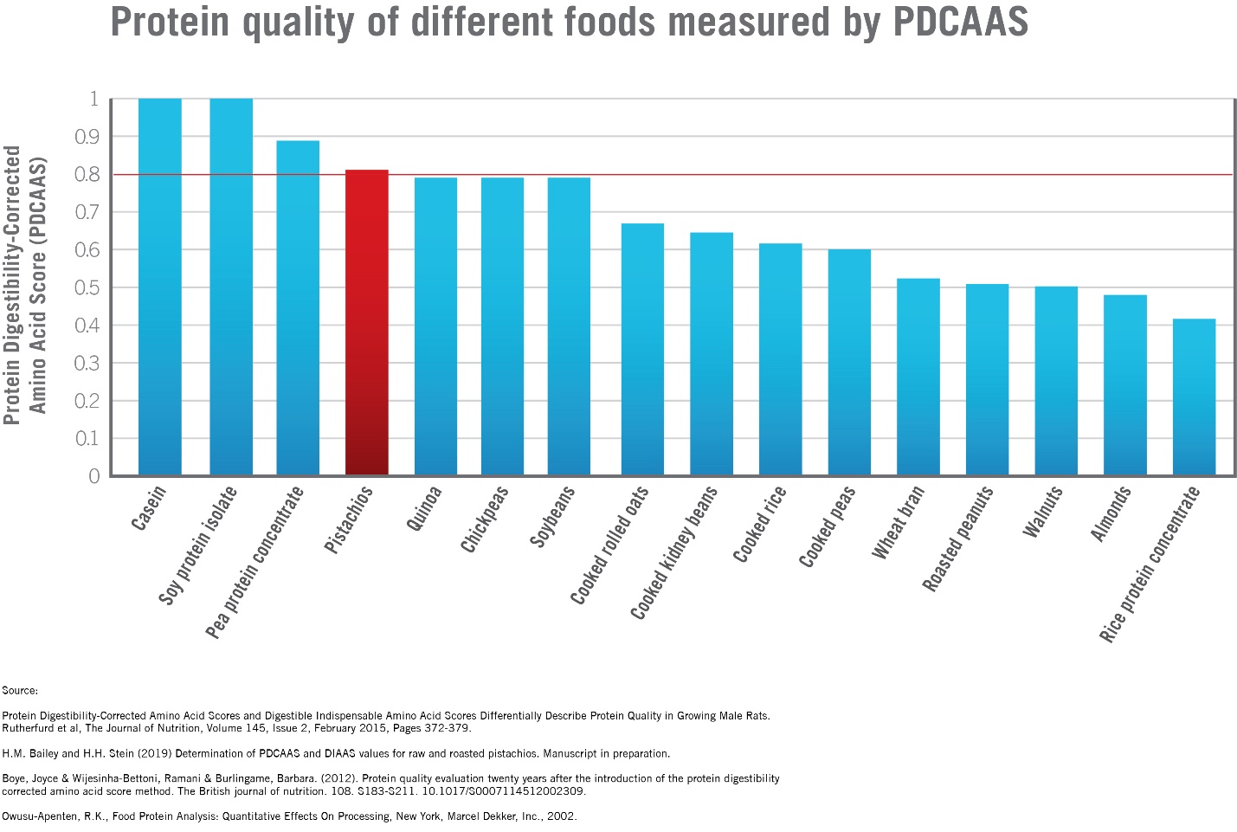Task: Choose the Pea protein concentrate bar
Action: (298, 307)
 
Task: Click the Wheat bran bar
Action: (918, 377)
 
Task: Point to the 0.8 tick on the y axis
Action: (87, 175)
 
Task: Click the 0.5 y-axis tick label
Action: (87, 287)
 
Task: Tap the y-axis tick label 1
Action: (93, 100)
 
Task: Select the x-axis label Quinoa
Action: (423, 509)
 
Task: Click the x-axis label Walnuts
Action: (1043, 513)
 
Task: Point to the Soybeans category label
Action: (552, 517)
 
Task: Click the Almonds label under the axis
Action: (1111, 514)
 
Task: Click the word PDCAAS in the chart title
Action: (960, 22)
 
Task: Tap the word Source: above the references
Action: (20, 691)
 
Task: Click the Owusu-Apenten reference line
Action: (289, 816)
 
